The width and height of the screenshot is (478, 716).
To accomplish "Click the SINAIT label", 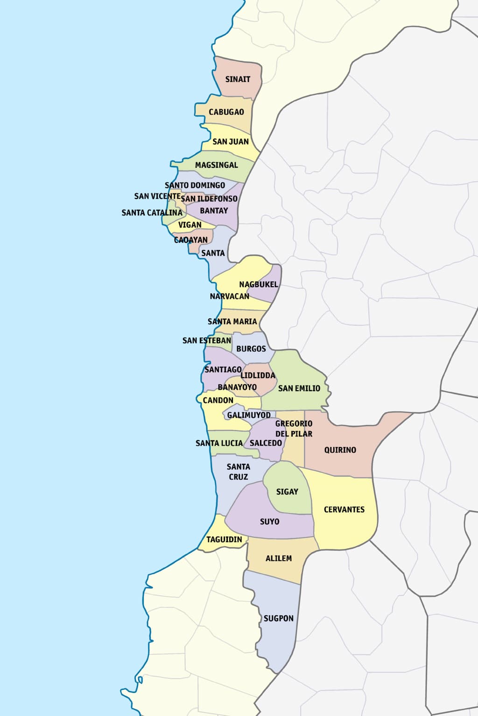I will click(238, 79).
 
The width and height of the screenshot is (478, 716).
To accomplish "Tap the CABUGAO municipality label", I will click(226, 112).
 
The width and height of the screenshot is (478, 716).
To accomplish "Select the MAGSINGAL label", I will click(216, 165).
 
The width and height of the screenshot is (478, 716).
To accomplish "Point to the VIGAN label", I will click(190, 225).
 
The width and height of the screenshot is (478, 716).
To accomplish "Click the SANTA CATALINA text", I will click(152, 213).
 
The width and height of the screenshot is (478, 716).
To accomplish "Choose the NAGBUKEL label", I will click(258, 284).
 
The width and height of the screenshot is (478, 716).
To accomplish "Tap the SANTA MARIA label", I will click(232, 322).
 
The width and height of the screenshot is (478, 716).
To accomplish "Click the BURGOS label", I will click(251, 349).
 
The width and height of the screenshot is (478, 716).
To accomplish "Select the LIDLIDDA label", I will click(258, 375).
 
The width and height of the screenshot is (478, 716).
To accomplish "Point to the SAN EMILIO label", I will click(299, 388).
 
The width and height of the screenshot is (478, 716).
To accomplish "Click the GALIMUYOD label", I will click(249, 415).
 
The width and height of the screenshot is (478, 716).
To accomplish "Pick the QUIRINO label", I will click(340, 450).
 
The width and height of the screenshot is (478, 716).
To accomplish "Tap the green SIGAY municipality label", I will click(287, 492).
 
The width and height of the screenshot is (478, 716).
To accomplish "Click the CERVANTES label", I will click(344, 509).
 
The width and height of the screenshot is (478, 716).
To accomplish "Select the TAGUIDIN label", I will click(224, 539).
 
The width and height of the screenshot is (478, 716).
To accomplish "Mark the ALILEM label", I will click(278, 558).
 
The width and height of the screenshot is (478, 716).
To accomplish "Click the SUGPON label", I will click(278, 619).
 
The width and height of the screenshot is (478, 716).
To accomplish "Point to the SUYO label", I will click(269, 522).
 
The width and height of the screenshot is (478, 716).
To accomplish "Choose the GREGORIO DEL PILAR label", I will click(294, 428).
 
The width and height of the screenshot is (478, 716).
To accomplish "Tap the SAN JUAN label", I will click(230, 142).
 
